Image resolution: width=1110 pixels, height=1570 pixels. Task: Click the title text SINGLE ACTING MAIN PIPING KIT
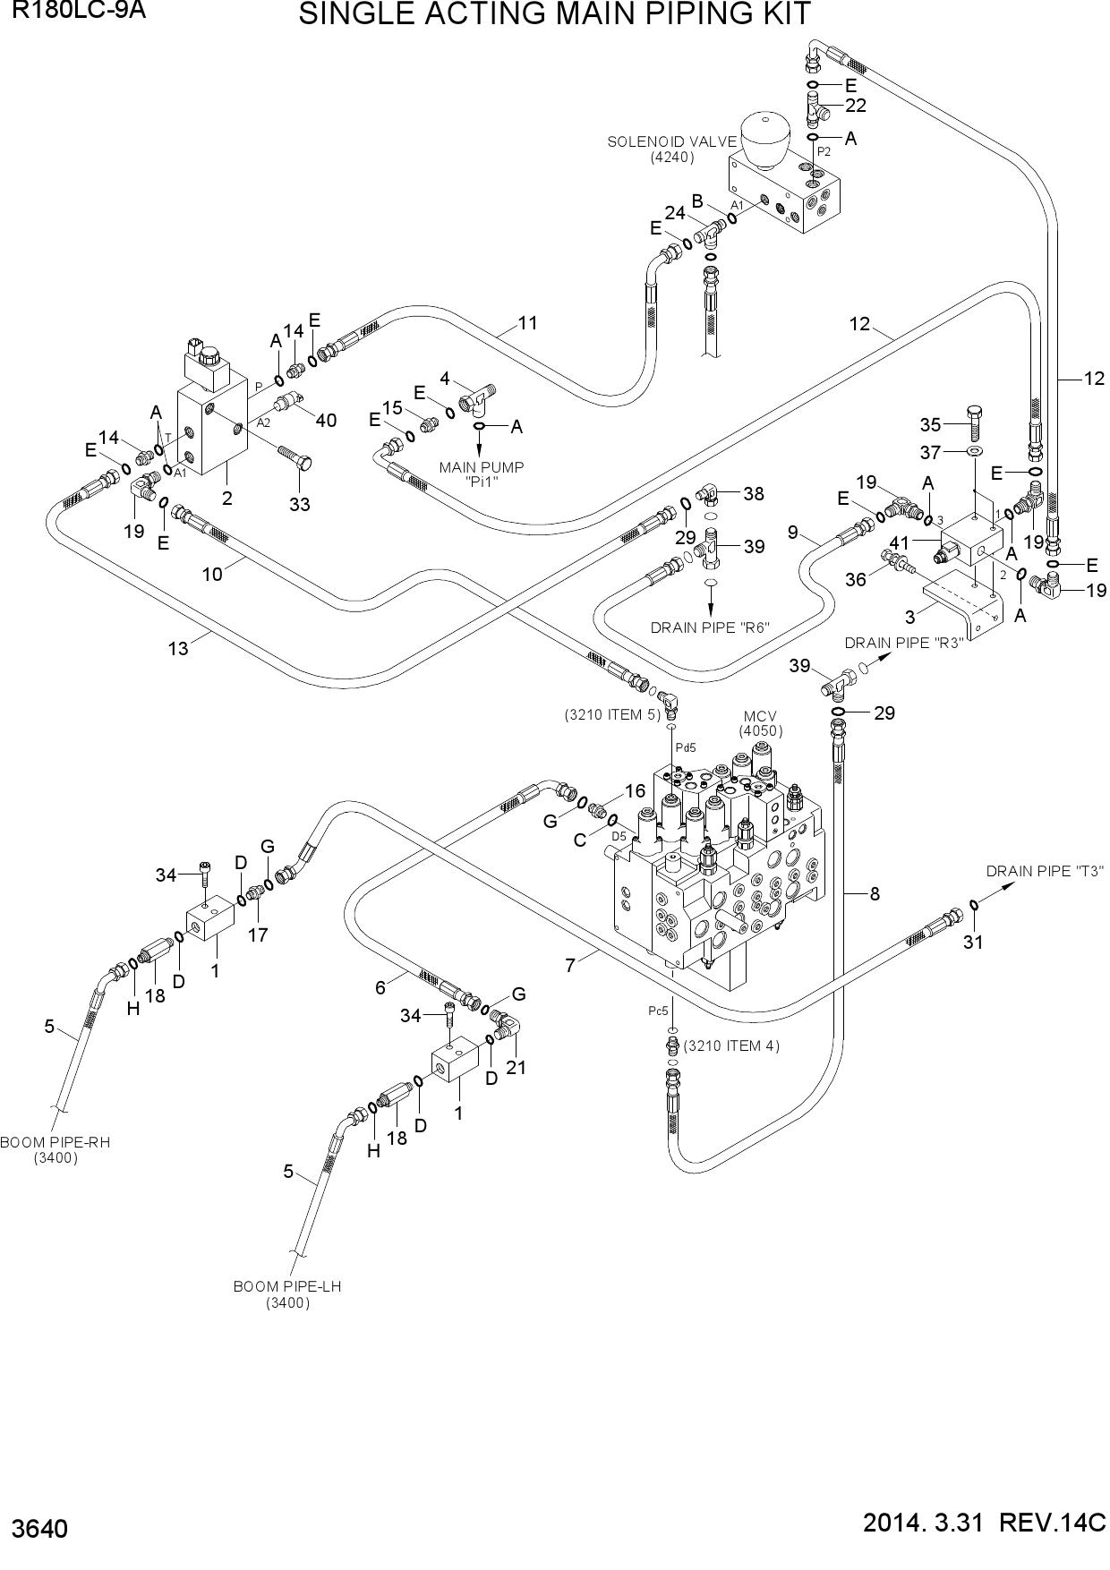pyautogui.click(x=555, y=14)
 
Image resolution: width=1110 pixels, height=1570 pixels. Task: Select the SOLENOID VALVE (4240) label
pyautogui.click(x=672, y=149)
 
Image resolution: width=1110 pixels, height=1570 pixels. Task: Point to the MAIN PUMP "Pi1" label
pyautogui.click(x=482, y=474)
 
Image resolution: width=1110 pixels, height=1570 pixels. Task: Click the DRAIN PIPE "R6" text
pyautogui.click(x=711, y=627)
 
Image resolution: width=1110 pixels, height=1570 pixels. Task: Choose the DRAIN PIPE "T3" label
pyautogui.click(x=1046, y=871)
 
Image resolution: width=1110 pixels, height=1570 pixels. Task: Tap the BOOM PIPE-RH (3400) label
pyautogui.click(x=55, y=1150)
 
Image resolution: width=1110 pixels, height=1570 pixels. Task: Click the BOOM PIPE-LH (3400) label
pyautogui.click(x=287, y=1294)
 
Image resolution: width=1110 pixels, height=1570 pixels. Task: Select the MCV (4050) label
pyautogui.click(x=761, y=723)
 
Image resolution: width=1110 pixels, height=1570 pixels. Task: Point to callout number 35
pyautogui.click(x=931, y=424)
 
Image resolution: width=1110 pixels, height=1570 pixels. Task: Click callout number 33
pyautogui.click(x=300, y=504)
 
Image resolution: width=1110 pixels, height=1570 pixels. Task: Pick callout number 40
pyautogui.click(x=326, y=420)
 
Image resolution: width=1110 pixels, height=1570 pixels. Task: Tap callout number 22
pyautogui.click(x=856, y=106)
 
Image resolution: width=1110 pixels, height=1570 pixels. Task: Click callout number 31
pyautogui.click(x=973, y=942)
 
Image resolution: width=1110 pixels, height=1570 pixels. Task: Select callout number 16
pyautogui.click(x=635, y=790)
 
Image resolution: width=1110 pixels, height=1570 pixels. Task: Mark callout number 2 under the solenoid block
pyautogui.click(x=227, y=498)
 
